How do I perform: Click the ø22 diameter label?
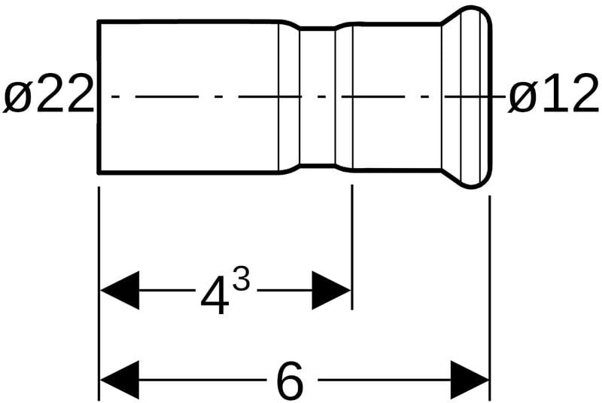click(x=47, y=96)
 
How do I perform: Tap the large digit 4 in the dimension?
click(x=215, y=295)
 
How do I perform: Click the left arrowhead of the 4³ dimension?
click(x=120, y=290)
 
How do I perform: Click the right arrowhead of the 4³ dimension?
click(x=331, y=290)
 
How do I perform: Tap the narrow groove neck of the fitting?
click(x=317, y=96)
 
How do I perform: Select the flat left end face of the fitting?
click(x=99, y=96)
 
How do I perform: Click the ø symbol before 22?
click(x=16, y=97)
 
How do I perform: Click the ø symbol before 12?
click(x=521, y=97)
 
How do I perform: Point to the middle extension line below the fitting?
click(x=351, y=249)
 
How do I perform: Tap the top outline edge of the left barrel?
click(x=188, y=21)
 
